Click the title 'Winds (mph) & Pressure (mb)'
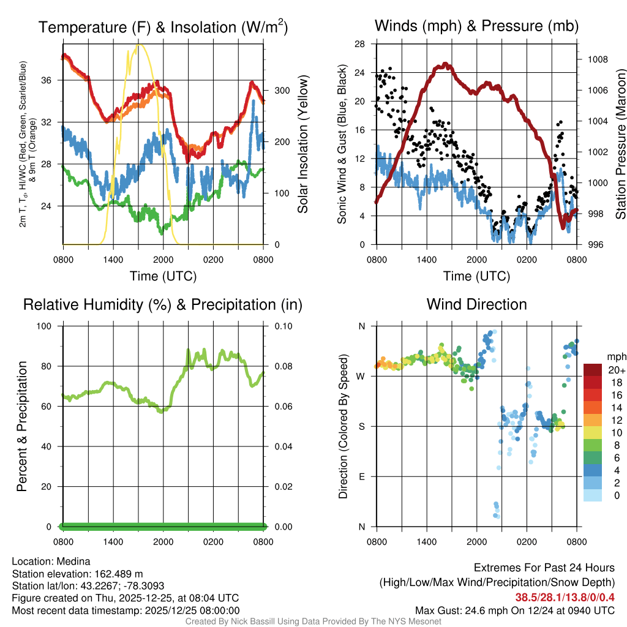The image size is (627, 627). [x=476, y=26]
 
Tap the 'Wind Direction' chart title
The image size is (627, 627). [x=476, y=304]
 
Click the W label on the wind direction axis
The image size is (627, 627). [x=361, y=376]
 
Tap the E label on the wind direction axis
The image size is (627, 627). [x=361, y=476]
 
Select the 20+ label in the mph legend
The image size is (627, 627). [x=616, y=370]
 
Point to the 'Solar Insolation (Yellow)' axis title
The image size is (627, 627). [x=302, y=144]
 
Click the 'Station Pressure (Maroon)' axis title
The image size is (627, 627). [x=620, y=144]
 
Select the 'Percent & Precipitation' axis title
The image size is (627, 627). [x=22, y=426]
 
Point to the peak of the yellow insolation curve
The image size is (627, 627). [x=139, y=45]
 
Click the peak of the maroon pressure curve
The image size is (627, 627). [x=445, y=64]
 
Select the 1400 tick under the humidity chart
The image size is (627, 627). [x=113, y=542]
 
